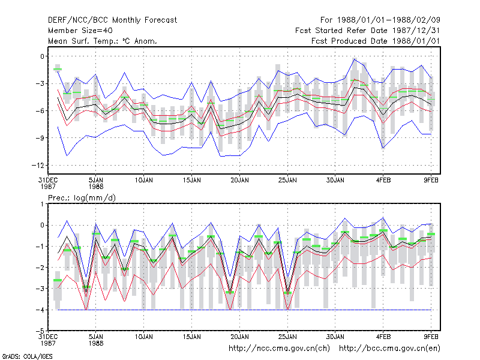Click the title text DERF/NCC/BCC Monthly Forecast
point(112,20)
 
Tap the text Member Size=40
point(80,31)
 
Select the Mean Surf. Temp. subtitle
point(102,41)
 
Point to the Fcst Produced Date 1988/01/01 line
point(376,41)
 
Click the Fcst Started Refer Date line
point(368,31)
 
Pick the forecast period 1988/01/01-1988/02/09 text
point(380,20)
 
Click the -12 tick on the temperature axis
point(38,166)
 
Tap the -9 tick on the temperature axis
point(40,138)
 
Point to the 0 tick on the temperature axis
point(42,56)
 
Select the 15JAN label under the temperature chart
point(191,181)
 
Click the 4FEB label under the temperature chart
point(383,181)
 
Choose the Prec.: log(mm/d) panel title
point(82,198)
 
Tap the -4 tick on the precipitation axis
point(40,310)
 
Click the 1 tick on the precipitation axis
point(42,204)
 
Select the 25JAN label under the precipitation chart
point(287,337)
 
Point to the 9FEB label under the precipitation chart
point(431,337)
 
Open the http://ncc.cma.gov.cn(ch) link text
point(279,349)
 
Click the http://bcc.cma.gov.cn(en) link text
point(389,349)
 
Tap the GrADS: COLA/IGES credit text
point(27,356)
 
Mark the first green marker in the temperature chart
point(57,69)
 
